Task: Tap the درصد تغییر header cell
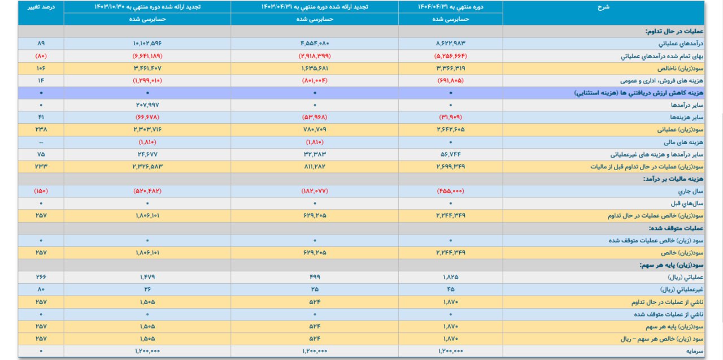point(41,7)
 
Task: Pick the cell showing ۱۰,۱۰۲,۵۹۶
point(148,43)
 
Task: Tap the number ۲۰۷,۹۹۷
point(148,105)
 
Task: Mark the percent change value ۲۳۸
point(41,129)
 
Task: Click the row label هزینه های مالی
point(680,142)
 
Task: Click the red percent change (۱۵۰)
point(41,191)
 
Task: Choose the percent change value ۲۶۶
point(41,277)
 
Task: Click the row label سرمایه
point(690,351)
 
